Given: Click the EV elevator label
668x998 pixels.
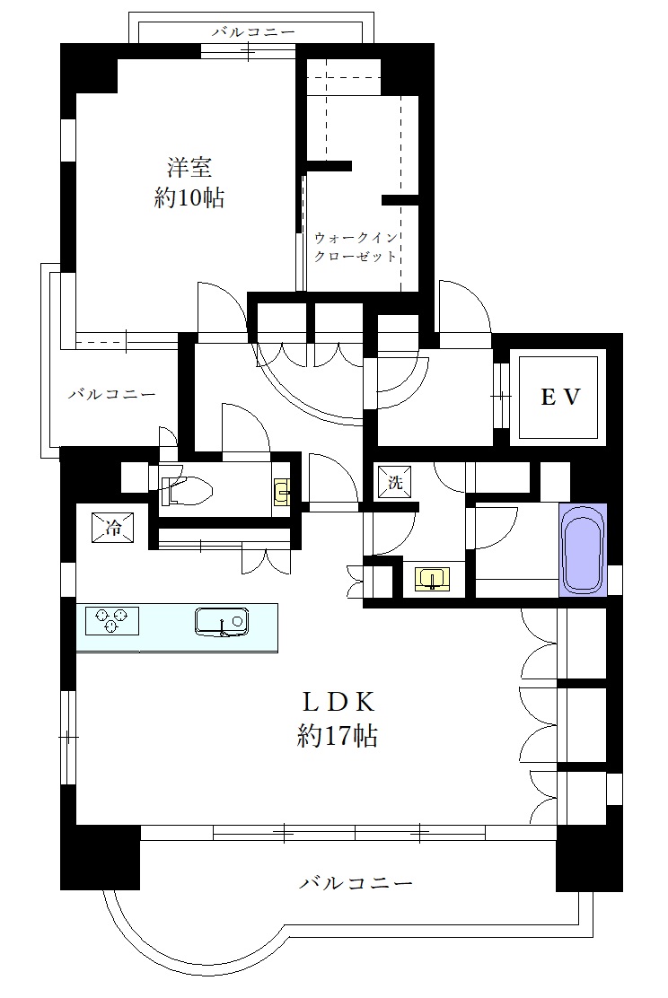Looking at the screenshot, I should (562, 397).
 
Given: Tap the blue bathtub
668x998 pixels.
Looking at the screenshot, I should (583, 549).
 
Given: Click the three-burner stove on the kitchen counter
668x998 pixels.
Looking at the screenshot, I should (112, 620).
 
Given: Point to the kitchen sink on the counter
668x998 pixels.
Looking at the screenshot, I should (221, 621).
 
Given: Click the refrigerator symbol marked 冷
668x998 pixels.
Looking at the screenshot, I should (113, 528).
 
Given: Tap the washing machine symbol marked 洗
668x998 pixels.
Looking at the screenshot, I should (395, 481).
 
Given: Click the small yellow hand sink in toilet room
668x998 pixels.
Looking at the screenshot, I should (283, 491).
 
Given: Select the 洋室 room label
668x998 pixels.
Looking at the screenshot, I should (189, 168).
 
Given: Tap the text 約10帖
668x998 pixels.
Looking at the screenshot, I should (189, 198).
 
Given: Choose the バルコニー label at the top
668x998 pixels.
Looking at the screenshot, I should (252, 32).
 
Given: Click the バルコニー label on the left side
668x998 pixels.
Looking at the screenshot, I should (112, 394).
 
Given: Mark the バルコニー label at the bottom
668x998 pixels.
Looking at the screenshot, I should (356, 883).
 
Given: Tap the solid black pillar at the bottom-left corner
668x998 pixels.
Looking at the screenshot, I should (100, 857).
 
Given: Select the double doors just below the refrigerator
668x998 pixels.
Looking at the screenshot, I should (266, 559).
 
